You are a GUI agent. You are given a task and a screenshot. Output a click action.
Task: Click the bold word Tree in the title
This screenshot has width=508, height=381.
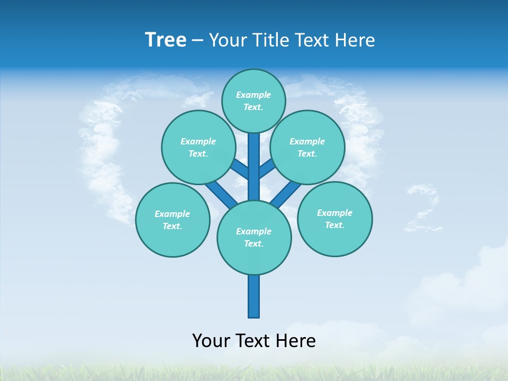(x=166, y=40)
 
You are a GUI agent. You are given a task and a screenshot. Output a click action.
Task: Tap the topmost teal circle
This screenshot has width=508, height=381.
(x=253, y=101)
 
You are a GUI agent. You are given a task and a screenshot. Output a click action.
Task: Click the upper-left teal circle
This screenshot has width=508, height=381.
(x=198, y=147)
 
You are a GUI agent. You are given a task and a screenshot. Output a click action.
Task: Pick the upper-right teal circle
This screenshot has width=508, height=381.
(x=307, y=147)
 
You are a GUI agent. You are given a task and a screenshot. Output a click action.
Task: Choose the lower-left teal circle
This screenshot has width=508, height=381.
(x=173, y=220)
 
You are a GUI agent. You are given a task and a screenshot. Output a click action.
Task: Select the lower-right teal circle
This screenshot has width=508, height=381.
(x=334, y=219)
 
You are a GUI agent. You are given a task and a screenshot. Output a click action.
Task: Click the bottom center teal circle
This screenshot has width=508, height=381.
(x=254, y=237)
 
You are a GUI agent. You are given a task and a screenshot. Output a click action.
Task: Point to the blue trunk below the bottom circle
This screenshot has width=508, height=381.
(x=254, y=296)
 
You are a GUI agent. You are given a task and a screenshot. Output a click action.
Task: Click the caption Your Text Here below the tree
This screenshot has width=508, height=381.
(x=254, y=340)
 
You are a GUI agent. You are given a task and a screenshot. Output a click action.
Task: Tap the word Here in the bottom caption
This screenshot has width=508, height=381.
(x=297, y=340)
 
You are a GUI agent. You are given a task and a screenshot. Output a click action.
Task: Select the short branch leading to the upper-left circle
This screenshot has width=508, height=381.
(x=240, y=169)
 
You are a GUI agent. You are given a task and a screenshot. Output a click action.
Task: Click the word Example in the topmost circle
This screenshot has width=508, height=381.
(x=253, y=95)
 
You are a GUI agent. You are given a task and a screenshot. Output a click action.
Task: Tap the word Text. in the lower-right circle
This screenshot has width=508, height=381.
(x=334, y=225)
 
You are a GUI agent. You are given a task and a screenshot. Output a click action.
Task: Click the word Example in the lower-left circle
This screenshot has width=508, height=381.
(x=172, y=214)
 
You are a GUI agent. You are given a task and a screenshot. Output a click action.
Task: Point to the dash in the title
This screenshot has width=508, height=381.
(x=198, y=40)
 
